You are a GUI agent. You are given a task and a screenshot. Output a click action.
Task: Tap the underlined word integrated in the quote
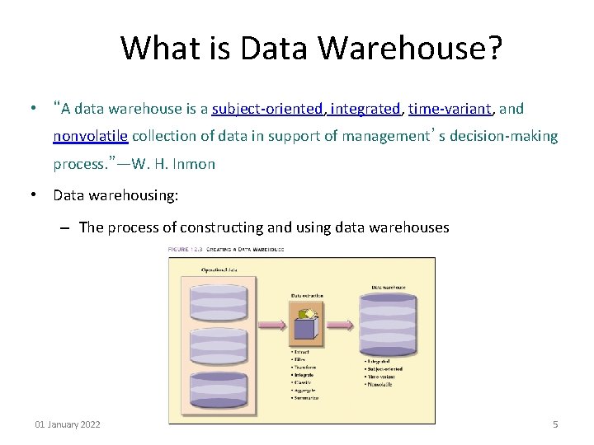[365, 109]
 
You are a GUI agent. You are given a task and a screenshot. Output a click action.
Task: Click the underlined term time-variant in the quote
[450, 109]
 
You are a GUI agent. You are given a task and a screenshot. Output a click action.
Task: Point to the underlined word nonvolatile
[91, 136]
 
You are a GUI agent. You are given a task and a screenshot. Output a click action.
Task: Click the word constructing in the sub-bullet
[224, 227]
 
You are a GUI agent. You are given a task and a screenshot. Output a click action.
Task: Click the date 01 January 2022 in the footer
[68, 424]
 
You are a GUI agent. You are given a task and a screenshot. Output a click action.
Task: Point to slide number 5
[554, 424]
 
